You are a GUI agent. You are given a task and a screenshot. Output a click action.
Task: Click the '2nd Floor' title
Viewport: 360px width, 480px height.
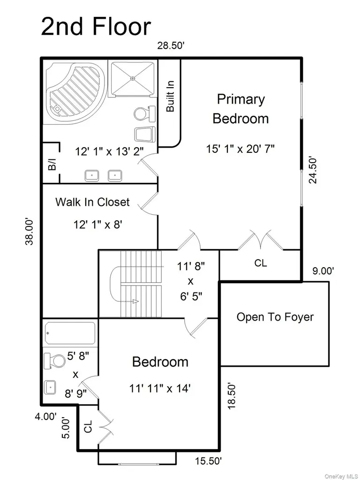point(96,27)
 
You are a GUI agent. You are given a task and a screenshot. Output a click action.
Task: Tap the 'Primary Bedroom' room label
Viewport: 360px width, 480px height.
point(240,109)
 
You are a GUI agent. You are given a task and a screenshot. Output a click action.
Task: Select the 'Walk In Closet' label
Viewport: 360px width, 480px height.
point(92,202)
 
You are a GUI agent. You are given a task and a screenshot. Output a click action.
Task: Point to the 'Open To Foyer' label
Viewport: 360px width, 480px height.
point(275,317)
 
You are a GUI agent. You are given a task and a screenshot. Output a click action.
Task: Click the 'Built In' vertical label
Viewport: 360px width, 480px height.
point(170,96)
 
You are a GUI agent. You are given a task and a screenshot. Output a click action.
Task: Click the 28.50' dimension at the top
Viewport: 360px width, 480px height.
point(171,45)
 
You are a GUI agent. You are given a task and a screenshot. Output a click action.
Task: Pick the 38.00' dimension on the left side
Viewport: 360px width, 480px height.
point(30,232)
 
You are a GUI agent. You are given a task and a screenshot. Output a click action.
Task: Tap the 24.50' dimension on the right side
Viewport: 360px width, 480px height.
point(313,170)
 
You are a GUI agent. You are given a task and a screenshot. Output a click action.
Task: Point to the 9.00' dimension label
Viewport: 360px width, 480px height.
point(323,271)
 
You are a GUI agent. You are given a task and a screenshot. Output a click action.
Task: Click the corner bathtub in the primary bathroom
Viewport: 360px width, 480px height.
point(75,92)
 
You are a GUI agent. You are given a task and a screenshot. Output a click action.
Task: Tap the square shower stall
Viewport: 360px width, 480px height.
point(132,78)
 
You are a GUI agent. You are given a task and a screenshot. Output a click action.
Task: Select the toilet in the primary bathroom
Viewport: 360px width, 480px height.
point(144,113)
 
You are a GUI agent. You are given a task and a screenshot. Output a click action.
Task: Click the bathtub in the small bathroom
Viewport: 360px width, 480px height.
point(70,333)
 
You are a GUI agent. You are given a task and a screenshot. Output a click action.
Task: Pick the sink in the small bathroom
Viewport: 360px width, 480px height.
point(50,387)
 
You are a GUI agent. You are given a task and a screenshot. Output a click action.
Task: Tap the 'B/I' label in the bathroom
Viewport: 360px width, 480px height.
point(52,165)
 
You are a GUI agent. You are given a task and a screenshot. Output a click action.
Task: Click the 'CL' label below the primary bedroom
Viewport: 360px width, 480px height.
point(261,263)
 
